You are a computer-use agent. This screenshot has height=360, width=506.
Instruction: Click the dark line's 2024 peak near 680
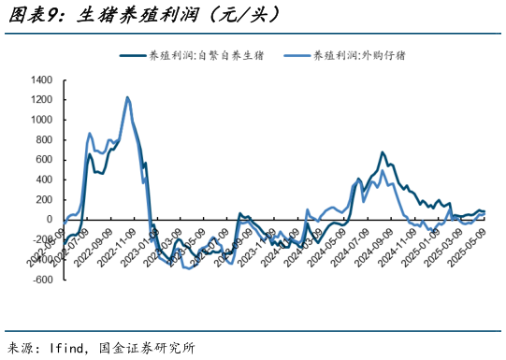382,152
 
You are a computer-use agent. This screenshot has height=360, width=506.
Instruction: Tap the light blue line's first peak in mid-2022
90,133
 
